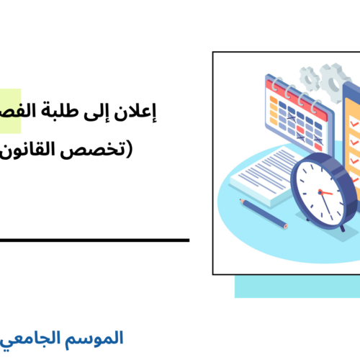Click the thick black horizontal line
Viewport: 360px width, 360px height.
click(x=94, y=240)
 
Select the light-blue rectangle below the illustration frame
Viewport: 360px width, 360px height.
click(x=295, y=286)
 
